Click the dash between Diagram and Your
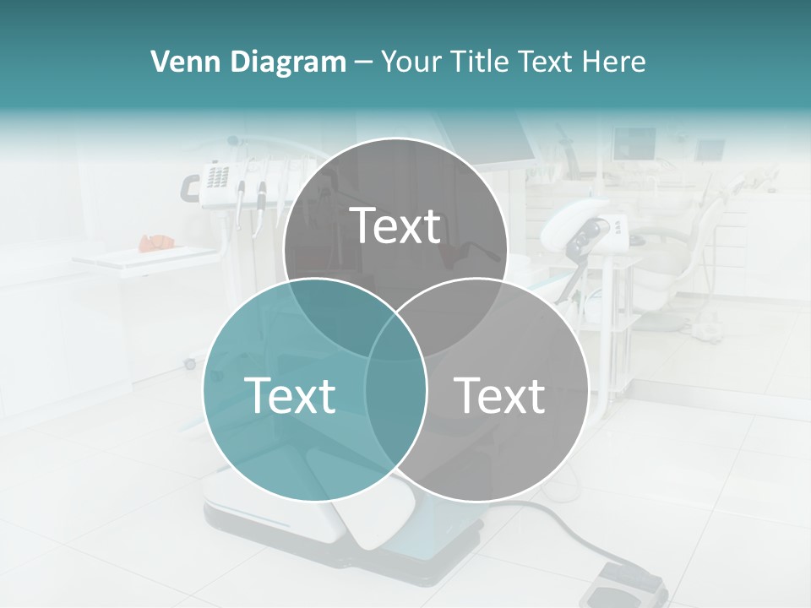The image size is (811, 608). (x=363, y=62)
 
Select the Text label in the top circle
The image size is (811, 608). (x=395, y=225)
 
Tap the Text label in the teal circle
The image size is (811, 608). (x=290, y=394)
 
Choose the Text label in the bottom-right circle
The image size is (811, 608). (x=500, y=394)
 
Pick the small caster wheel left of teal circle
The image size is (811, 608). (x=190, y=364)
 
